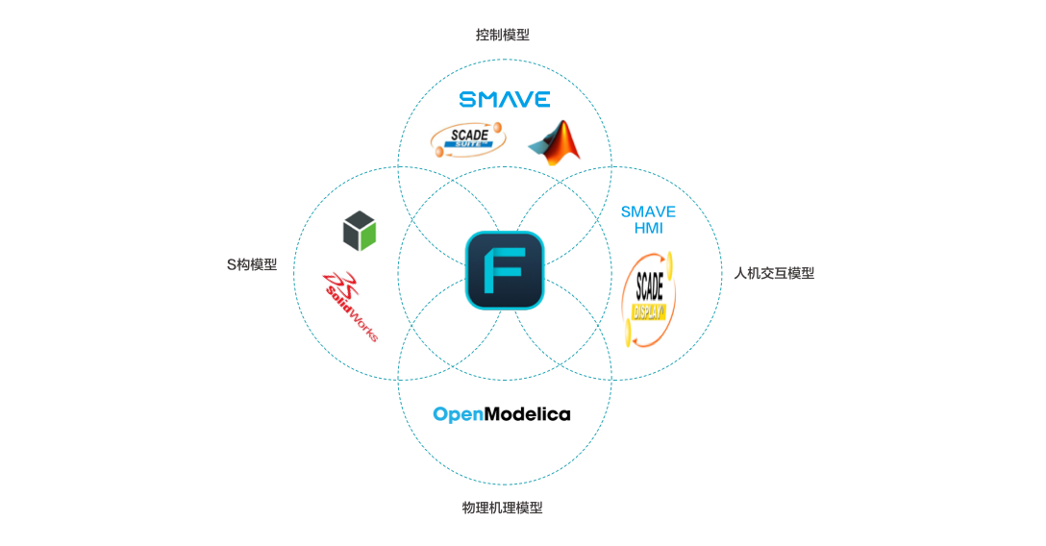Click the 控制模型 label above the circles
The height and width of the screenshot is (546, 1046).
502,35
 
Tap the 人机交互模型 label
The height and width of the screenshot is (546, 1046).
774,273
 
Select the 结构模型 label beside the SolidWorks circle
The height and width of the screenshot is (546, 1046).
252,264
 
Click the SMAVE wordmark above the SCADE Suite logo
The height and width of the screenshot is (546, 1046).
505,99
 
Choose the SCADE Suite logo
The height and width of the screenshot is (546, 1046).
468,139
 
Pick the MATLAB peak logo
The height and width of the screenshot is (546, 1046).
554,142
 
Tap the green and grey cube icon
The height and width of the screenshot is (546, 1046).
362,231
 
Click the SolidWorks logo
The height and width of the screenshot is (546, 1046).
357,303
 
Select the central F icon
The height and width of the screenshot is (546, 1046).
505,270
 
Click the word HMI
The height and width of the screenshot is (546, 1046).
648,229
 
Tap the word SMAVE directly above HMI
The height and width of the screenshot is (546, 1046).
648,211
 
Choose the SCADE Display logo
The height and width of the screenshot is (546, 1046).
648,300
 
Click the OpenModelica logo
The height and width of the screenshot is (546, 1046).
501,414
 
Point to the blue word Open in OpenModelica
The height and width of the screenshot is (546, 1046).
456,414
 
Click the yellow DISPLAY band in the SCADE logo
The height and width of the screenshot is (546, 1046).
650,311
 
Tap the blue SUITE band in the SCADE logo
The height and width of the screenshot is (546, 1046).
468,149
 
